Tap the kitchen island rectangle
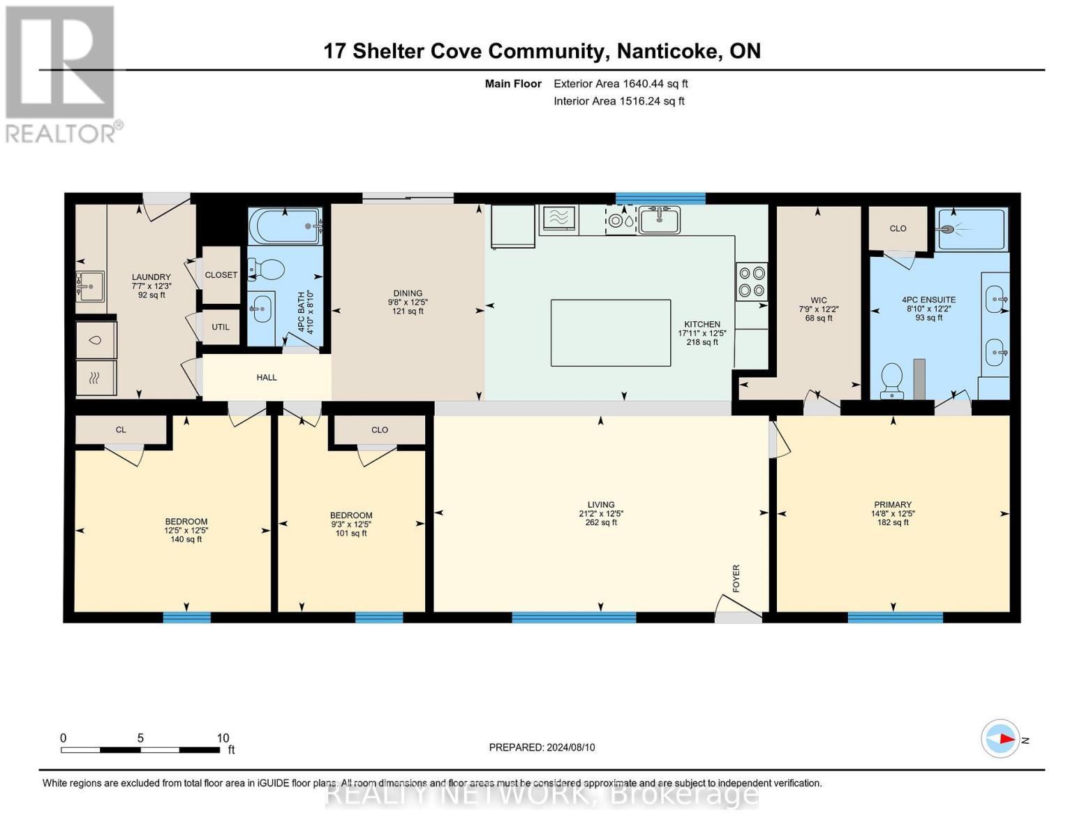(x=611, y=333)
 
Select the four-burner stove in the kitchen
(x=752, y=282)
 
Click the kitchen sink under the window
(x=660, y=220)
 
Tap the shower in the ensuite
(x=971, y=229)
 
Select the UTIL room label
(x=221, y=327)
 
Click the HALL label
(x=267, y=377)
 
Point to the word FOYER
(x=736, y=578)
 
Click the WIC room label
(x=819, y=300)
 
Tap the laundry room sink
(x=90, y=286)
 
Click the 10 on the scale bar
(x=223, y=737)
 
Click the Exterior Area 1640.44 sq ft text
(x=621, y=84)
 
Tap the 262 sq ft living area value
(x=601, y=522)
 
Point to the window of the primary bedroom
(x=896, y=617)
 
